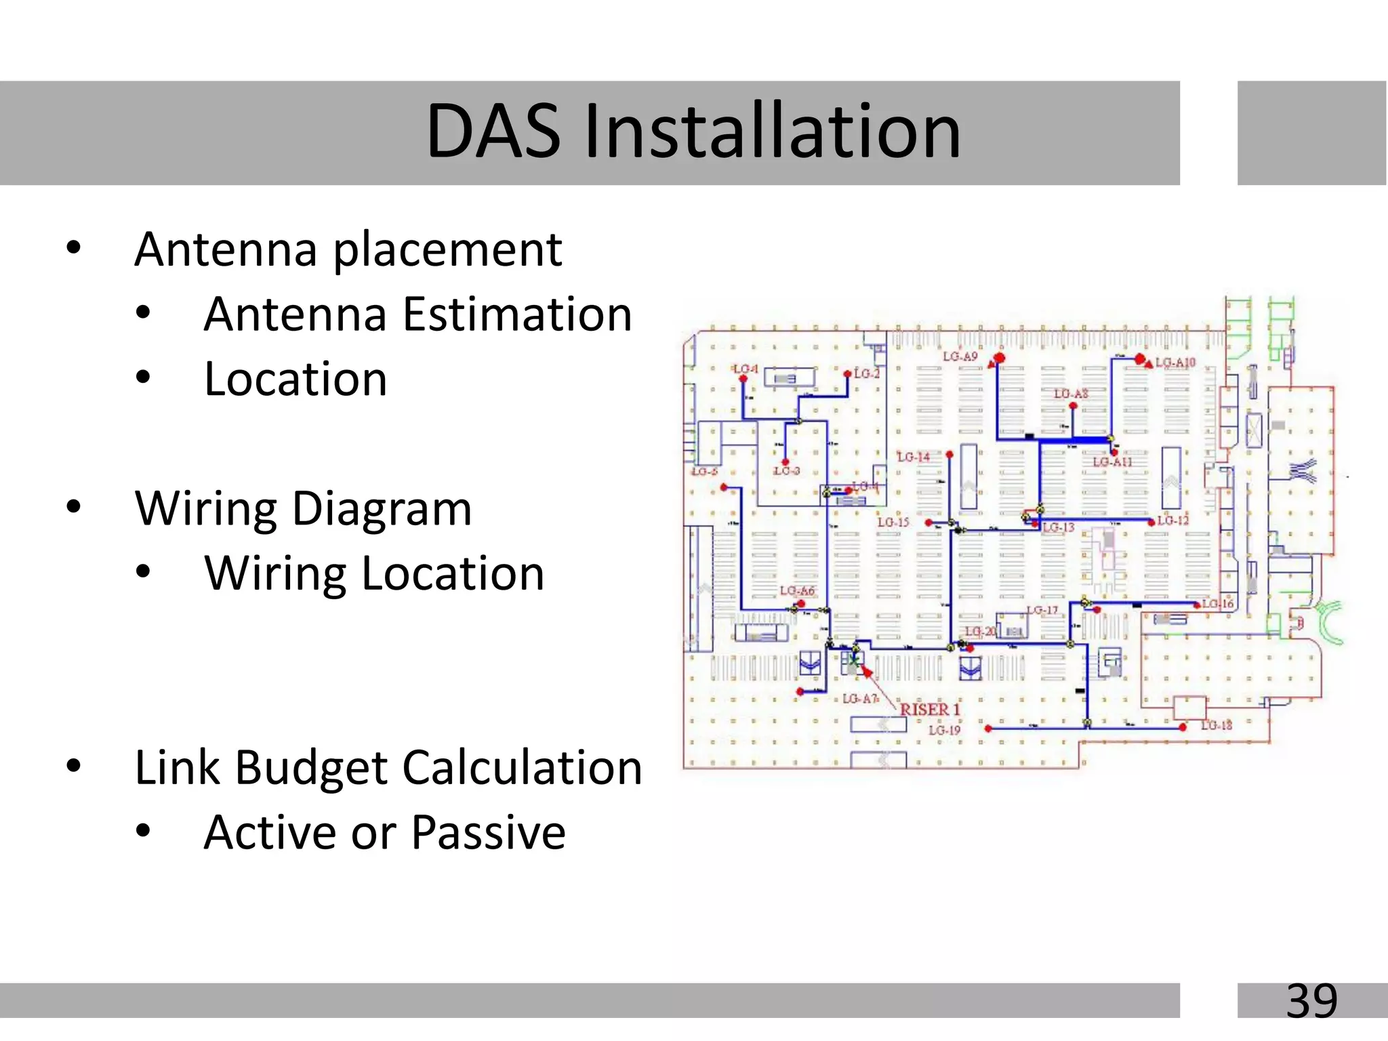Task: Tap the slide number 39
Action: tap(1311, 1000)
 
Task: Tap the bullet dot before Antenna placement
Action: tap(74, 248)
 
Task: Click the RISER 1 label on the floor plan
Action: tap(930, 710)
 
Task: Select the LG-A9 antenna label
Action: tap(960, 356)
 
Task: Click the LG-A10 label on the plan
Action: tap(1175, 363)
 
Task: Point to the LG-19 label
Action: tap(944, 730)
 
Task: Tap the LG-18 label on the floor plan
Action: tap(1217, 725)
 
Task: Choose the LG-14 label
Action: tap(913, 457)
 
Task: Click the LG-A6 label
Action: tap(797, 591)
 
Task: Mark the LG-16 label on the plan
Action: tap(1218, 603)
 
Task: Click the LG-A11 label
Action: tap(1112, 462)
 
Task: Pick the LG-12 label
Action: tap(1173, 520)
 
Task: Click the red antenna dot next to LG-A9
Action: tap(999, 358)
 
